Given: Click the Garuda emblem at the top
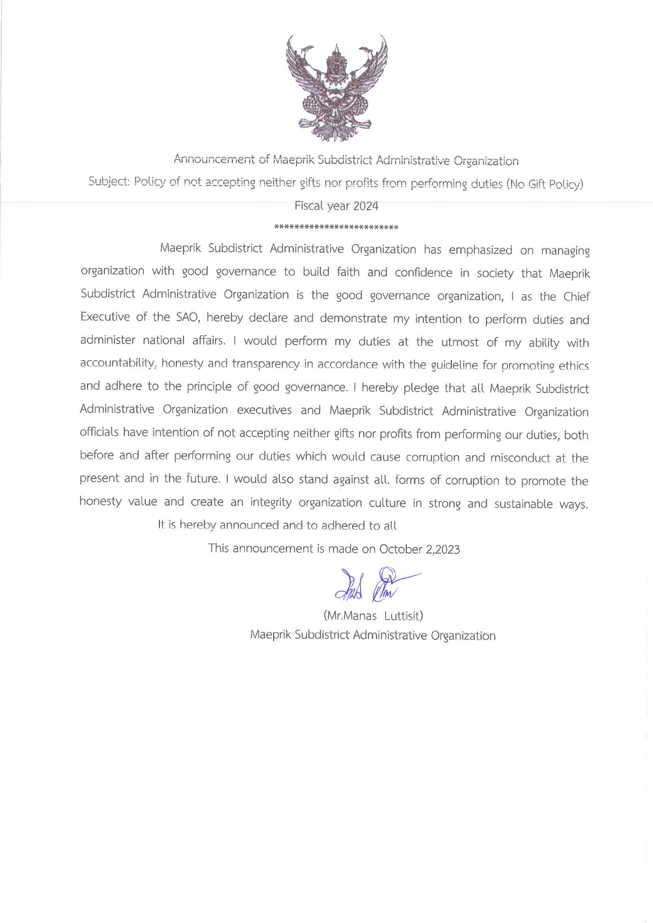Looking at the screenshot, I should pyautogui.click(x=336, y=88).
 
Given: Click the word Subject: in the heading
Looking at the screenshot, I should pyautogui.click(x=109, y=182).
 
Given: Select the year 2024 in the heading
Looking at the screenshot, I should pyautogui.click(x=365, y=206).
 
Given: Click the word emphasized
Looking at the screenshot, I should pyautogui.click(x=480, y=250).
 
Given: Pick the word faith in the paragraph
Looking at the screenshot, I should pyautogui.click(x=348, y=272).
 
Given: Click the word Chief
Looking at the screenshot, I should pyautogui.click(x=576, y=297).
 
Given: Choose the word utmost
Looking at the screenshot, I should pyautogui.click(x=460, y=342).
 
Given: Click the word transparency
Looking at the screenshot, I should pyautogui.click(x=266, y=364).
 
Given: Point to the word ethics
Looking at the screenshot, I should pyautogui.click(x=573, y=366).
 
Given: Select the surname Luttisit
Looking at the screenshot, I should pyautogui.click(x=403, y=616).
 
